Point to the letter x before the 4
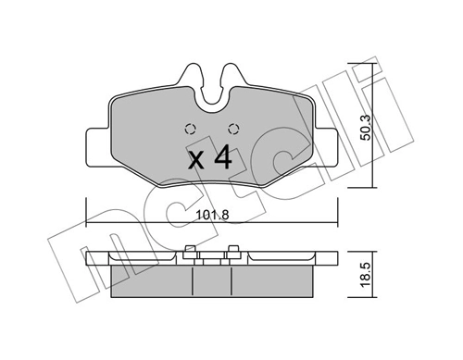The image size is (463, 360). [x=195, y=159]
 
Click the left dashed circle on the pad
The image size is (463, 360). [x=190, y=129]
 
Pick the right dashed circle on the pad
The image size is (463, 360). [x=232, y=129]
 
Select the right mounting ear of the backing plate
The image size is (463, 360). [x=329, y=144]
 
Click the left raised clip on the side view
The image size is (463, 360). [x=189, y=249]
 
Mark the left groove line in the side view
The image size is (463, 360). [x=191, y=277]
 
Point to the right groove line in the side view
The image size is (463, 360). [x=231, y=277]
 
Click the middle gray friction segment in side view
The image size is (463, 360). [x=211, y=278]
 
